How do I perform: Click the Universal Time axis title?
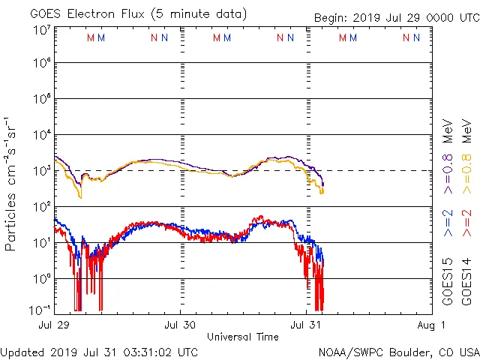(x=243, y=337)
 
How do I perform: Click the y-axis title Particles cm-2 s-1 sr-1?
(x=11, y=184)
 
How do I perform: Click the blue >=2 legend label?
(x=448, y=223)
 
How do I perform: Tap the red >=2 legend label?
(x=466, y=223)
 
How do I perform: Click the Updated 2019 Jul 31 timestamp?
(x=100, y=352)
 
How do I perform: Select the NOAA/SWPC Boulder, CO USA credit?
(x=398, y=352)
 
